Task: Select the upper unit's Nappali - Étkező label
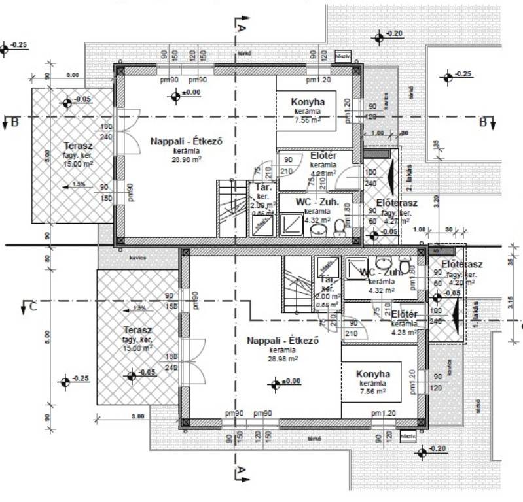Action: click(x=175, y=141)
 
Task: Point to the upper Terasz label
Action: click(x=77, y=145)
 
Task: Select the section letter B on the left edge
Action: click(x=7, y=122)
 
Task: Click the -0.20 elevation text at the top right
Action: click(x=395, y=33)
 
